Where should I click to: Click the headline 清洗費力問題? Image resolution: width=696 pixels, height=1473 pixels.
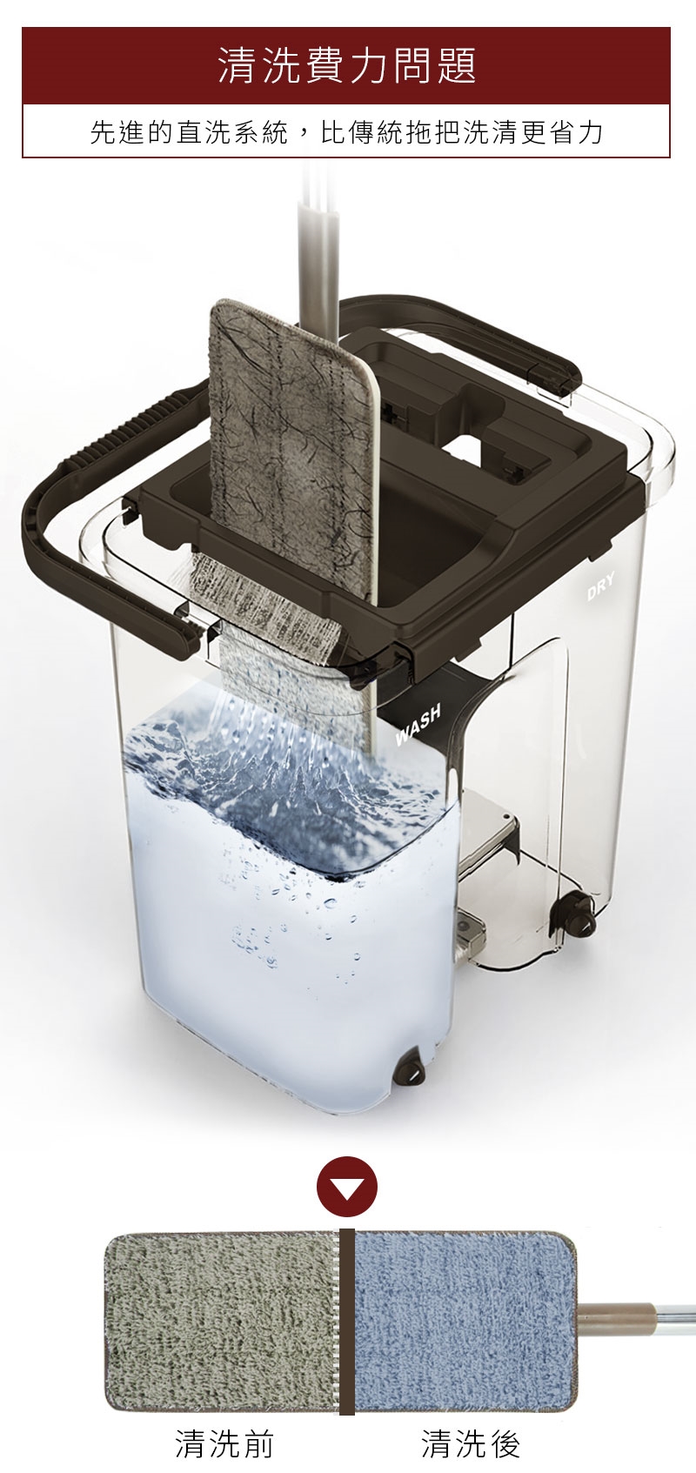[346, 66]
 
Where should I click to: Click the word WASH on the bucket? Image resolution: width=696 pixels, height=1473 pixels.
[418, 726]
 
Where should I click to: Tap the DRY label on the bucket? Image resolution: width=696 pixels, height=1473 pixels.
[600, 586]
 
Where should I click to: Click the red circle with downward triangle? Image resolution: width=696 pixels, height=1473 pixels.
[346, 1185]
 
